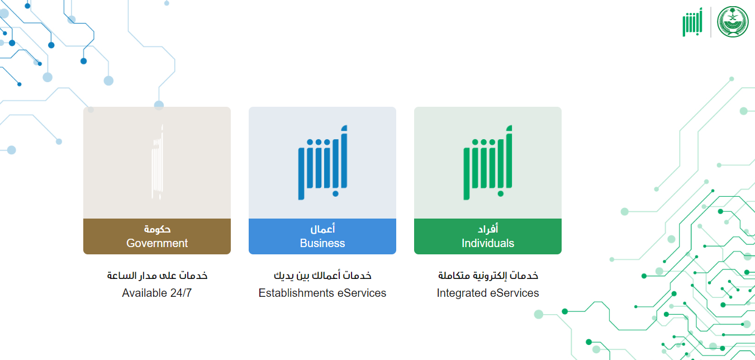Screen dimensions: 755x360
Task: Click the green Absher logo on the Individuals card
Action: click(488, 163)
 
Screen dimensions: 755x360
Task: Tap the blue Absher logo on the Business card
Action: click(322, 163)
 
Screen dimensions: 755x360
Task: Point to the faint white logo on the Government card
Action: click(158, 163)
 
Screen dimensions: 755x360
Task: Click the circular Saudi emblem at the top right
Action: click(733, 22)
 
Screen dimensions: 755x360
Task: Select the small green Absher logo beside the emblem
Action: click(692, 22)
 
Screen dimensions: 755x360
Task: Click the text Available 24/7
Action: click(156, 293)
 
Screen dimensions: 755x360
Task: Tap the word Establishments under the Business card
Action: click(296, 293)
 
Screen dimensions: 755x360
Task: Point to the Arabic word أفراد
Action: click(488, 229)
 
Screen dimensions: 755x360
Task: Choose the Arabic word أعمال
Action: click(322, 229)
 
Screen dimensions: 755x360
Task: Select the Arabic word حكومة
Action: click(157, 229)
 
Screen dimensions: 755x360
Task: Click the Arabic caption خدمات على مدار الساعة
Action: click(157, 276)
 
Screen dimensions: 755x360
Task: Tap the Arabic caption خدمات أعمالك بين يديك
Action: click(322, 276)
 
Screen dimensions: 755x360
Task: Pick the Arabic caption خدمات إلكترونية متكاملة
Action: click(488, 276)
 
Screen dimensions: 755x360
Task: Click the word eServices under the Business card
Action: click(362, 293)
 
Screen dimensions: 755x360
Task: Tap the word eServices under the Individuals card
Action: click(514, 293)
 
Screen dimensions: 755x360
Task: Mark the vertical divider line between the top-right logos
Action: click(710, 22)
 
